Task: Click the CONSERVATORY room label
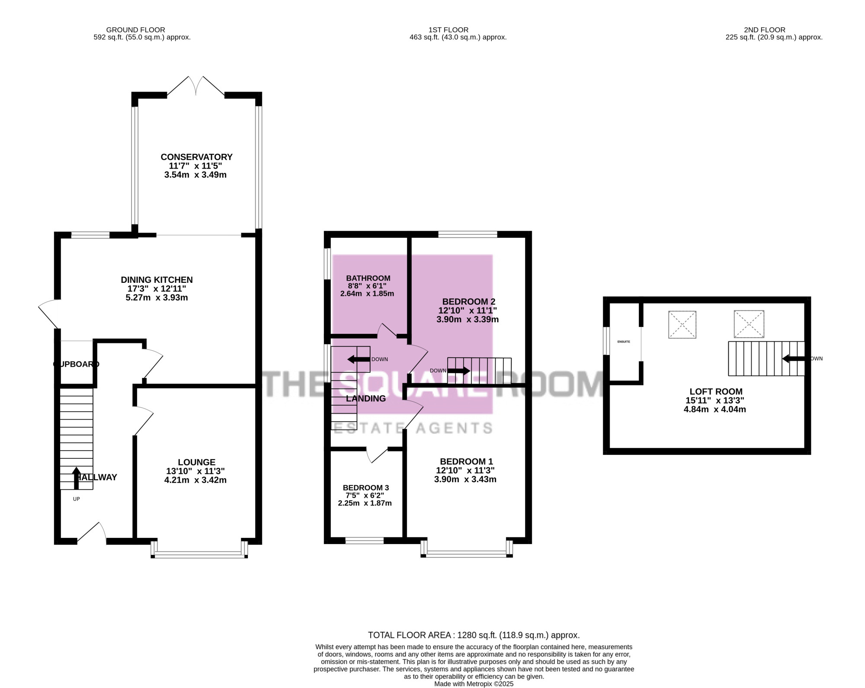197,157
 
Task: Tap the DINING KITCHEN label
157,280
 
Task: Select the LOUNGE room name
196,462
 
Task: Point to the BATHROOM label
368,278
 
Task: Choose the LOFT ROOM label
716,392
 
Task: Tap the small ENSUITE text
624,342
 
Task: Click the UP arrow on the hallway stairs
77,478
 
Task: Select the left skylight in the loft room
682,324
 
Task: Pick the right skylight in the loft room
749,324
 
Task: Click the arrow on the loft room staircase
793,358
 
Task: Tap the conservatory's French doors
196,86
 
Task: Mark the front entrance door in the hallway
92,532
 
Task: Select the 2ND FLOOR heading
765,30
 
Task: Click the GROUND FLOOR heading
135,30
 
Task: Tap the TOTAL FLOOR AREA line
474,635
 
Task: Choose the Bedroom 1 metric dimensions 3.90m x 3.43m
465,479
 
